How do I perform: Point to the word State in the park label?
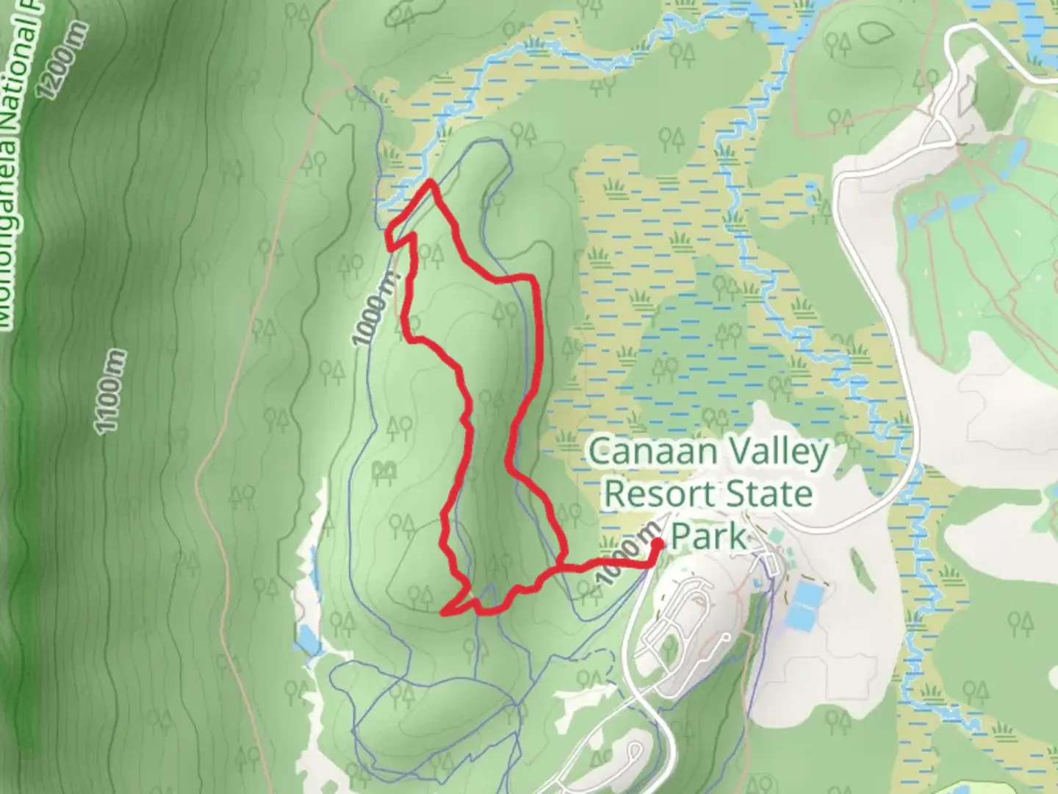click(771, 494)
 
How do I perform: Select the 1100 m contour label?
click(111, 392)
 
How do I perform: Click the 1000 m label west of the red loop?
click(376, 310)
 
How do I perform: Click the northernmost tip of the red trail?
click(430, 181)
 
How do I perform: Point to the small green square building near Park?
click(778, 535)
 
